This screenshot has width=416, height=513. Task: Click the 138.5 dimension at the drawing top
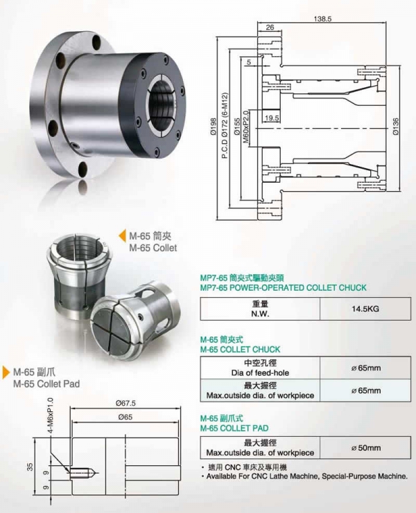tap(322, 19)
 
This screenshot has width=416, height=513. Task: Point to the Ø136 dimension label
tap(396, 126)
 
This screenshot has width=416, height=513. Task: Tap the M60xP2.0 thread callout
tap(246, 127)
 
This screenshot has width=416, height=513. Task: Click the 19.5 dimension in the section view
tap(272, 118)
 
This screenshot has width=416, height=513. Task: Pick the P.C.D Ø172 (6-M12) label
tap(225, 126)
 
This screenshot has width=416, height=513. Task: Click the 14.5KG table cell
tap(365, 309)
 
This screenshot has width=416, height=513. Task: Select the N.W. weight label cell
tap(260, 309)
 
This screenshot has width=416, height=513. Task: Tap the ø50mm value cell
tap(365, 447)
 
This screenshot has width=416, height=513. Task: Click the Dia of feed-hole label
tap(260, 372)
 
